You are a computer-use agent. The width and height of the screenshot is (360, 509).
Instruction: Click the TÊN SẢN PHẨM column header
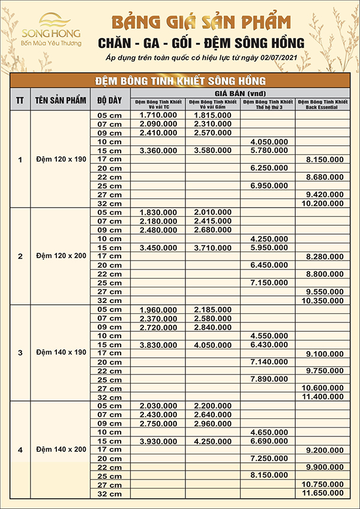(x=60, y=100)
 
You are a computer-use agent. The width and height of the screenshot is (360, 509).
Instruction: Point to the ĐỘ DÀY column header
(x=109, y=100)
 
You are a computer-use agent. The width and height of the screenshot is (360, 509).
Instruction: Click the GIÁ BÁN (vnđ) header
(x=240, y=93)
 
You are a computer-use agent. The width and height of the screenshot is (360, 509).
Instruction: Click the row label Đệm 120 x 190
(x=60, y=160)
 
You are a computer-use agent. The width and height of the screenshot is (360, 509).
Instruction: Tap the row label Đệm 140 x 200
(x=60, y=450)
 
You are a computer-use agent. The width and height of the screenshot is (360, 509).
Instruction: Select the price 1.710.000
(x=158, y=114)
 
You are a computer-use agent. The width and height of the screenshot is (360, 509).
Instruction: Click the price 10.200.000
(x=322, y=204)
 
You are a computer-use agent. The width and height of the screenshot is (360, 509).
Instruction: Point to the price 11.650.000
(x=322, y=493)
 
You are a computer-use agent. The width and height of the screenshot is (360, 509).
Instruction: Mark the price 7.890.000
(x=268, y=379)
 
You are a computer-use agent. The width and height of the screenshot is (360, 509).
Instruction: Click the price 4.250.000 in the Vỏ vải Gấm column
(x=213, y=441)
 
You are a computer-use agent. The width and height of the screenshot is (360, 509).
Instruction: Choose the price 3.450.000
(x=158, y=247)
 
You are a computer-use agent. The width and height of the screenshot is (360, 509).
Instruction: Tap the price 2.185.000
(x=213, y=310)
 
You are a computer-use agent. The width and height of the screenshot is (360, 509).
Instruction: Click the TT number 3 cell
(x=20, y=352)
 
